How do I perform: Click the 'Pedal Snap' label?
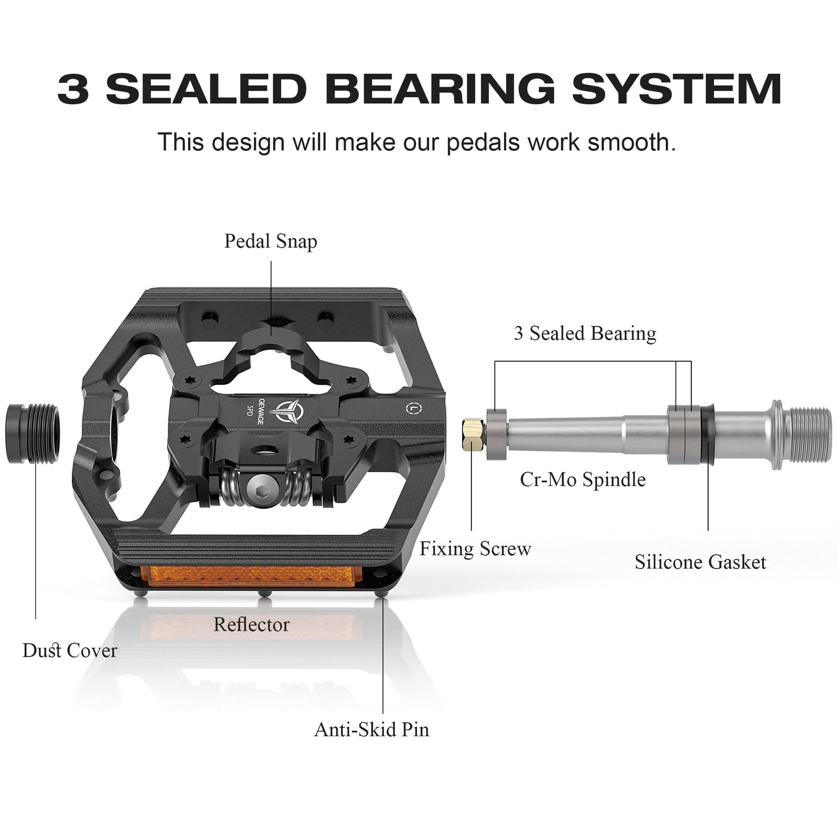270,242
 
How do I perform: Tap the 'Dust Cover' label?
70,651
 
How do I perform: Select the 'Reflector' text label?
251,625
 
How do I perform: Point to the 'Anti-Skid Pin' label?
371,730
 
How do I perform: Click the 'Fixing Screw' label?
476,549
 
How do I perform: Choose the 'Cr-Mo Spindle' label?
583,480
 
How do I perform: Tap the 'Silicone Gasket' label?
700,563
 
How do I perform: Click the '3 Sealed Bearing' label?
585,333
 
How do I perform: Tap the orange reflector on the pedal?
255,576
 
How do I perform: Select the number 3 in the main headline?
73,89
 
